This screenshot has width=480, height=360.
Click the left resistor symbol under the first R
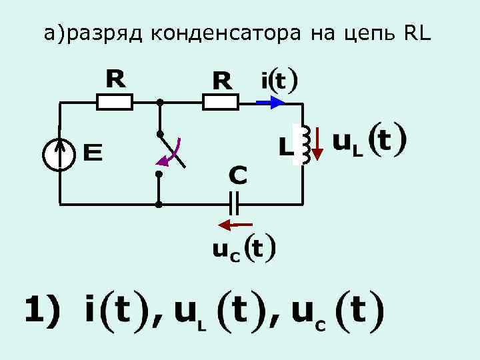(115, 102)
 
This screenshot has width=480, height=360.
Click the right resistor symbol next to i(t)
(220, 102)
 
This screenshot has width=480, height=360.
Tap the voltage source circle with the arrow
(59, 155)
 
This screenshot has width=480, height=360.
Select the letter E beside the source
(93, 154)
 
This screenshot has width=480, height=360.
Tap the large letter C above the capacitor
(238, 176)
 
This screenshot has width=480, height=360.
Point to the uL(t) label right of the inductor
(368, 141)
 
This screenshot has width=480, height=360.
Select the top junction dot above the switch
(159, 103)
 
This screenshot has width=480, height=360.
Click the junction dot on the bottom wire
(159, 203)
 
